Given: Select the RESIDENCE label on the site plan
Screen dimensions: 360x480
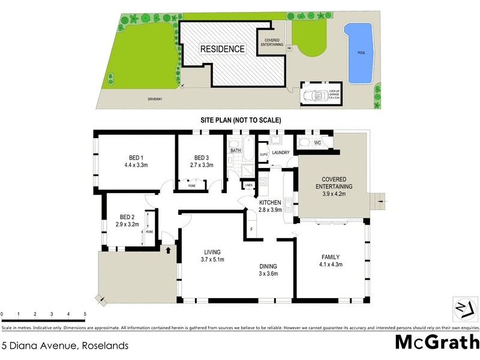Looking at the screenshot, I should click(223, 49).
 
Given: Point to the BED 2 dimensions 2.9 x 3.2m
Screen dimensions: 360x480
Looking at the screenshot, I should click(127, 224).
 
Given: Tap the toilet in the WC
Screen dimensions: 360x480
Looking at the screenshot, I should click(304, 143).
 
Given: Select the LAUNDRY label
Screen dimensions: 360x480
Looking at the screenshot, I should click(281, 152).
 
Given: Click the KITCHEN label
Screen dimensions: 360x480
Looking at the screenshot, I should click(270, 202).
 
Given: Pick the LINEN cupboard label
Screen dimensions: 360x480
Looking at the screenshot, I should click(248, 185).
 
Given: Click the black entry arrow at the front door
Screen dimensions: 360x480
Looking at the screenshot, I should click(169, 251).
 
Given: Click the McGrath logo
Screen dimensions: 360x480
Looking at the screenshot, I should click(436, 342).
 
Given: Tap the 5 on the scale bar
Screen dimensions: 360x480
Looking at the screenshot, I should click(85, 314).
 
